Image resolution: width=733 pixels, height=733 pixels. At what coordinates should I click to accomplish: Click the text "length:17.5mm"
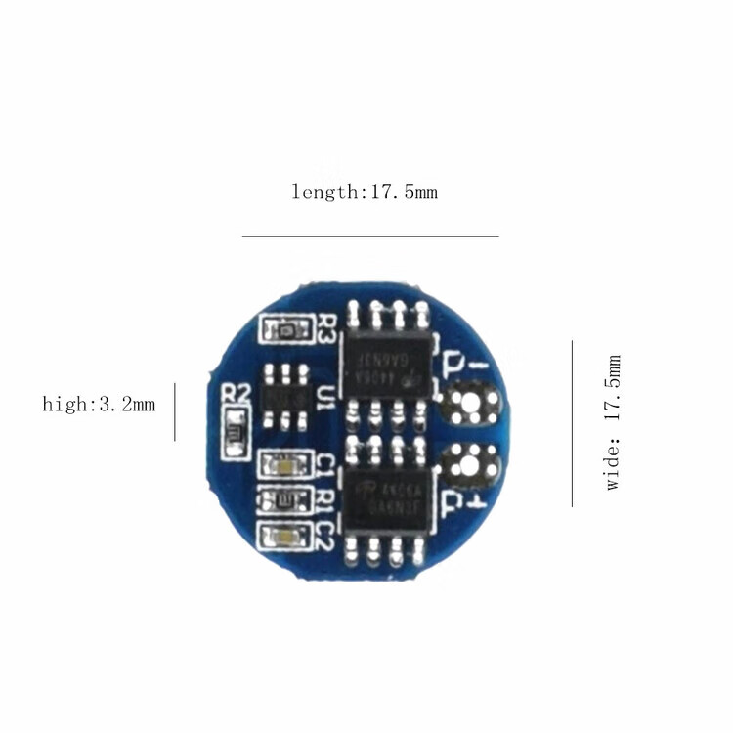pyautogui.click(x=365, y=192)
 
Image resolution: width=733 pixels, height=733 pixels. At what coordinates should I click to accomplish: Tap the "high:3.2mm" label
pyautogui.click(x=99, y=404)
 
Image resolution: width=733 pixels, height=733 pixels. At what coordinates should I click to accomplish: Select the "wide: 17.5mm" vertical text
pyautogui.click(x=613, y=423)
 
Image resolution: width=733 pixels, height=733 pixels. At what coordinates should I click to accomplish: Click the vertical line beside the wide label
pyautogui.click(x=572, y=423)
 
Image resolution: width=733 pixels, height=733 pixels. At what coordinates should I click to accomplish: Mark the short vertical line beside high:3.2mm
pyautogui.click(x=175, y=411)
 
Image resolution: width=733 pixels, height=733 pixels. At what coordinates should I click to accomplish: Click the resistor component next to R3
pyautogui.click(x=284, y=330)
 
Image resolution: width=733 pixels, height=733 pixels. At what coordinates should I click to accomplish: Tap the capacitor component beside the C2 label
pyautogui.click(x=283, y=535)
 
